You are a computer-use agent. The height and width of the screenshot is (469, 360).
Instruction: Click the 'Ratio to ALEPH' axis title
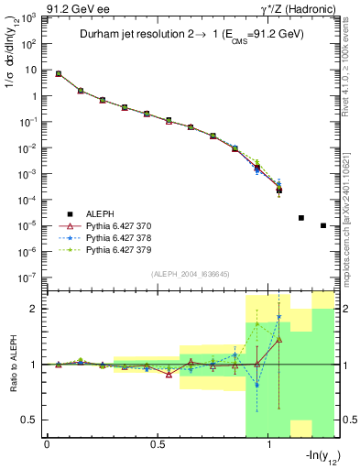(x=12, y=365)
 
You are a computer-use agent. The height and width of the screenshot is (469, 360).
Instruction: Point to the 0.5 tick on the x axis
(x=158, y=444)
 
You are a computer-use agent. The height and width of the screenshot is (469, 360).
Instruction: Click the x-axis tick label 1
(x=268, y=444)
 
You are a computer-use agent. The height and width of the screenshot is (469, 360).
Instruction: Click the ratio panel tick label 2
(x=34, y=310)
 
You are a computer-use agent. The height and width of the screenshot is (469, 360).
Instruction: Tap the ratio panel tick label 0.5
(x=30, y=420)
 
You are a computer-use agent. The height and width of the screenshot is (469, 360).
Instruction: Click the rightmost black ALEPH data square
(x=323, y=225)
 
